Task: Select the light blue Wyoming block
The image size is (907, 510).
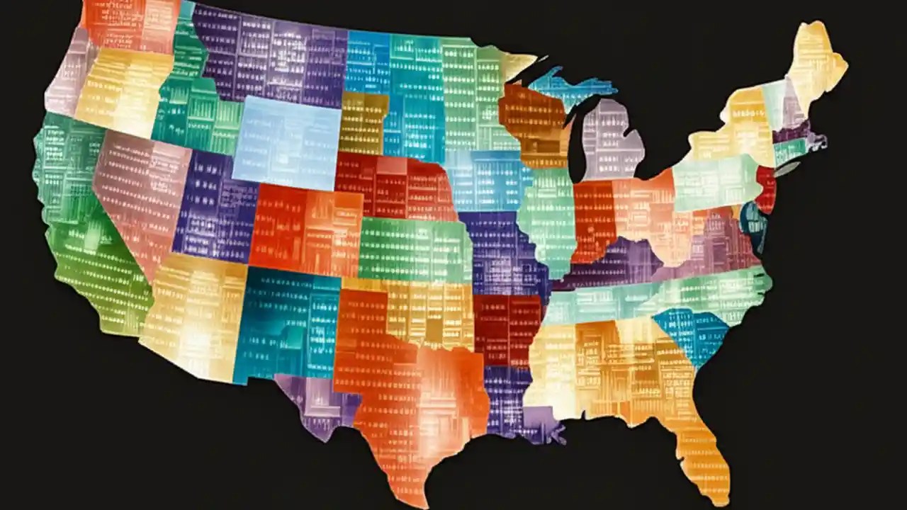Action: (287, 142)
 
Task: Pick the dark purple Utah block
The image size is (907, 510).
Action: (213, 212)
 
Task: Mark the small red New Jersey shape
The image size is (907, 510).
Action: (767, 188)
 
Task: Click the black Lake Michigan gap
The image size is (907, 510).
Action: (578, 142)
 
